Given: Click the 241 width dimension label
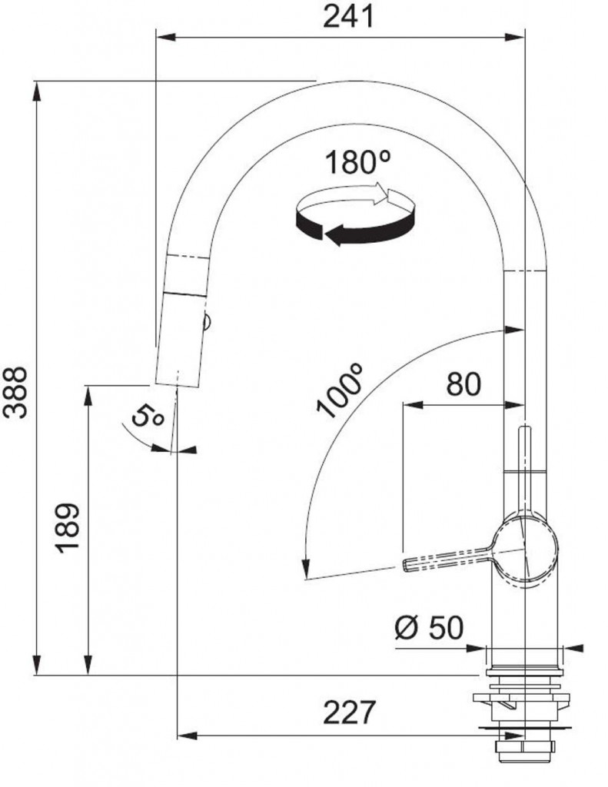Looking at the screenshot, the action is (x=348, y=17).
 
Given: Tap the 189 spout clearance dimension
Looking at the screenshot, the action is (x=68, y=528).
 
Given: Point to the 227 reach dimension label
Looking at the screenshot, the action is (x=349, y=712).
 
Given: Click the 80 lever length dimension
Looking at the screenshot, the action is (x=463, y=384).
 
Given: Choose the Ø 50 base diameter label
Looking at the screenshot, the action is (x=429, y=627).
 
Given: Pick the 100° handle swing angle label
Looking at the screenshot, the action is (x=340, y=390).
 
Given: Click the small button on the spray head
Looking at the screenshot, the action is (x=207, y=320).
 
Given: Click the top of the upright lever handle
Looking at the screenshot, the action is (x=524, y=427).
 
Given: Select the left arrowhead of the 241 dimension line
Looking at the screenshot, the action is (x=166, y=37).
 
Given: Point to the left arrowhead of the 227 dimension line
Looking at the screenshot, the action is (x=187, y=736).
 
